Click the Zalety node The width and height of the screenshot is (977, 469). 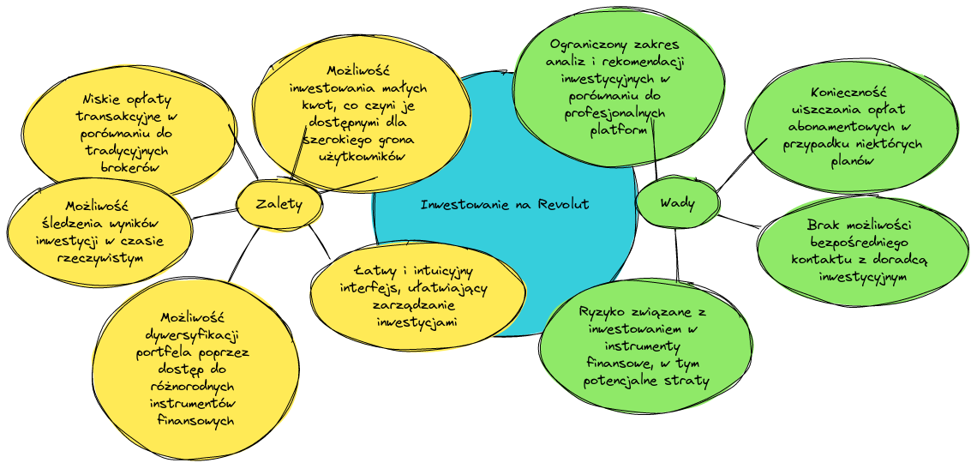click(279, 204)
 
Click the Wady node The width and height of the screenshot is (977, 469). click(677, 203)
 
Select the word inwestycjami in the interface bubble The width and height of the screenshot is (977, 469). click(416, 322)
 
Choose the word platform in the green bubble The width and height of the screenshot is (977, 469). click(618, 130)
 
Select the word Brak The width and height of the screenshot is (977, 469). click(823, 225)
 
